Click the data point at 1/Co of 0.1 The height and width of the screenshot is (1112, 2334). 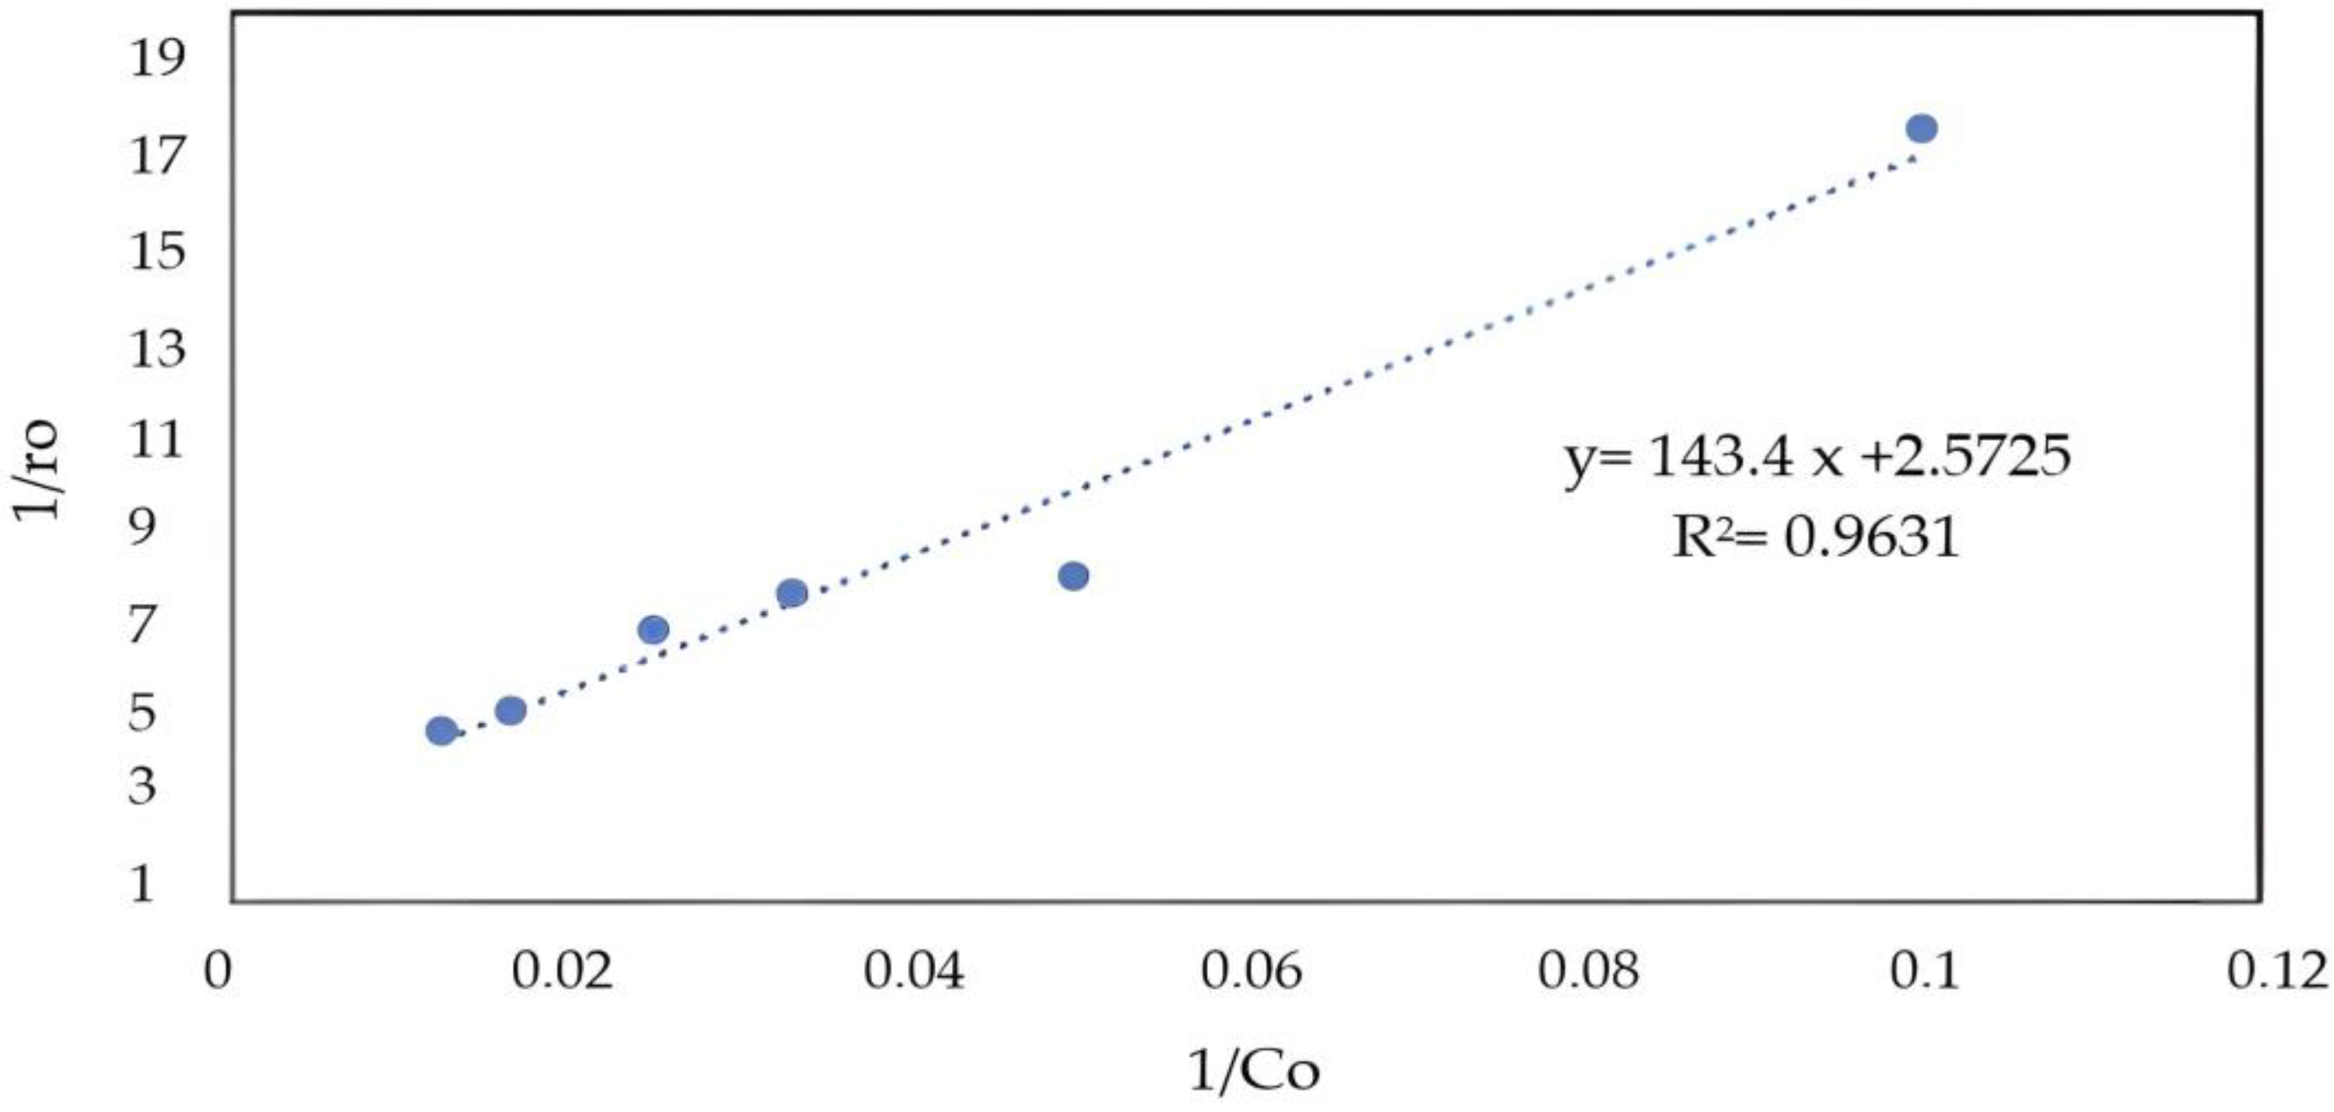[x=1921, y=129]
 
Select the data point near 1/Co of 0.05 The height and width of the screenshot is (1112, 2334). [x=1073, y=576]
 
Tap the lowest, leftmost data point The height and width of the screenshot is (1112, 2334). [x=441, y=731]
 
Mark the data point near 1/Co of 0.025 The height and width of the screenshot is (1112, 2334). [x=653, y=629]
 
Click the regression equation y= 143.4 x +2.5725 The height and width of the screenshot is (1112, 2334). [x=1817, y=456]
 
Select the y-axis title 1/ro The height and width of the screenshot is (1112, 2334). [x=38, y=469]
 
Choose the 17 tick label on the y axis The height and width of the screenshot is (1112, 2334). [x=156, y=156]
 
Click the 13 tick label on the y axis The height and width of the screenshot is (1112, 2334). [x=156, y=349]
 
